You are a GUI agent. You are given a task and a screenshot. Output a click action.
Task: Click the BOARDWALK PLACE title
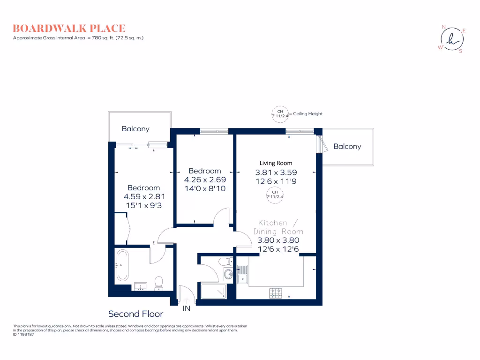(69, 28)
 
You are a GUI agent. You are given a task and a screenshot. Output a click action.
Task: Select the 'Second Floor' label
(135, 314)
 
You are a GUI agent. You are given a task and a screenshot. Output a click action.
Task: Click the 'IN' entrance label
(187, 308)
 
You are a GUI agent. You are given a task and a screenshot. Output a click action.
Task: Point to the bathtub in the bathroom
(123, 265)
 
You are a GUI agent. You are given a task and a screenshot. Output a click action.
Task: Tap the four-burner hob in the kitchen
(276, 292)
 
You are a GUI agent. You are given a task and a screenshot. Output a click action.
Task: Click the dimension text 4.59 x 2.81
(143, 197)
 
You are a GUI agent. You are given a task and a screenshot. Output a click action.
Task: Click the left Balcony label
(135, 128)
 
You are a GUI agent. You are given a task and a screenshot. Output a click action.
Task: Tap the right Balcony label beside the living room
(347, 146)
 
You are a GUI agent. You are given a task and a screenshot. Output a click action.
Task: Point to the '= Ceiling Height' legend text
(306, 114)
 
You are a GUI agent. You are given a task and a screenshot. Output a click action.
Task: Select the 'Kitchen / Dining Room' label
(278, 227)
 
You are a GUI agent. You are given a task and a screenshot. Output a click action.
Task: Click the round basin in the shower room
(228, 274)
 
